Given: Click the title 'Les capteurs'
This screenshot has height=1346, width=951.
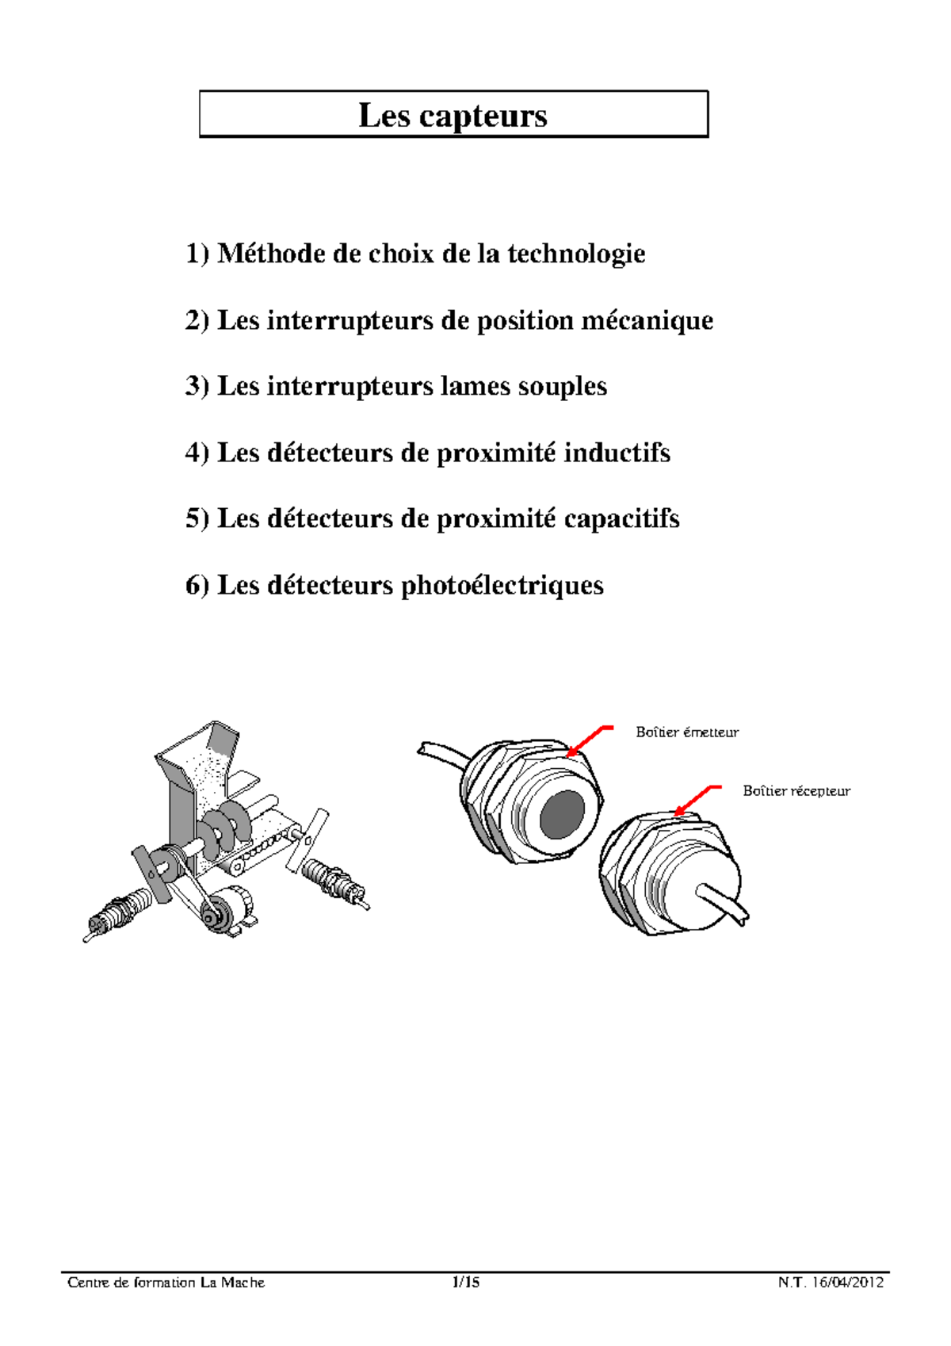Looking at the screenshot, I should click(x=453, y=116).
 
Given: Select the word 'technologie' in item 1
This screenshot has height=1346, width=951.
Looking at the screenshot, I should click(x=576, y=254).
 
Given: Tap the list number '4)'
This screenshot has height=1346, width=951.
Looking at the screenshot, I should click(x=197, y=453).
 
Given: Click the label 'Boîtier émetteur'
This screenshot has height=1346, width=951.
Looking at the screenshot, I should click(x=686, y=732).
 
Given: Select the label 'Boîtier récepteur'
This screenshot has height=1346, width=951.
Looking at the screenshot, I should click(x=796, y=791).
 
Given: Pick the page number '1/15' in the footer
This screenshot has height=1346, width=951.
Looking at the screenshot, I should click(x=465, y=1283).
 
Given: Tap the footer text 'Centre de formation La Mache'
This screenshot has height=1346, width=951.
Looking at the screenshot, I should click(x=166, y=1283).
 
